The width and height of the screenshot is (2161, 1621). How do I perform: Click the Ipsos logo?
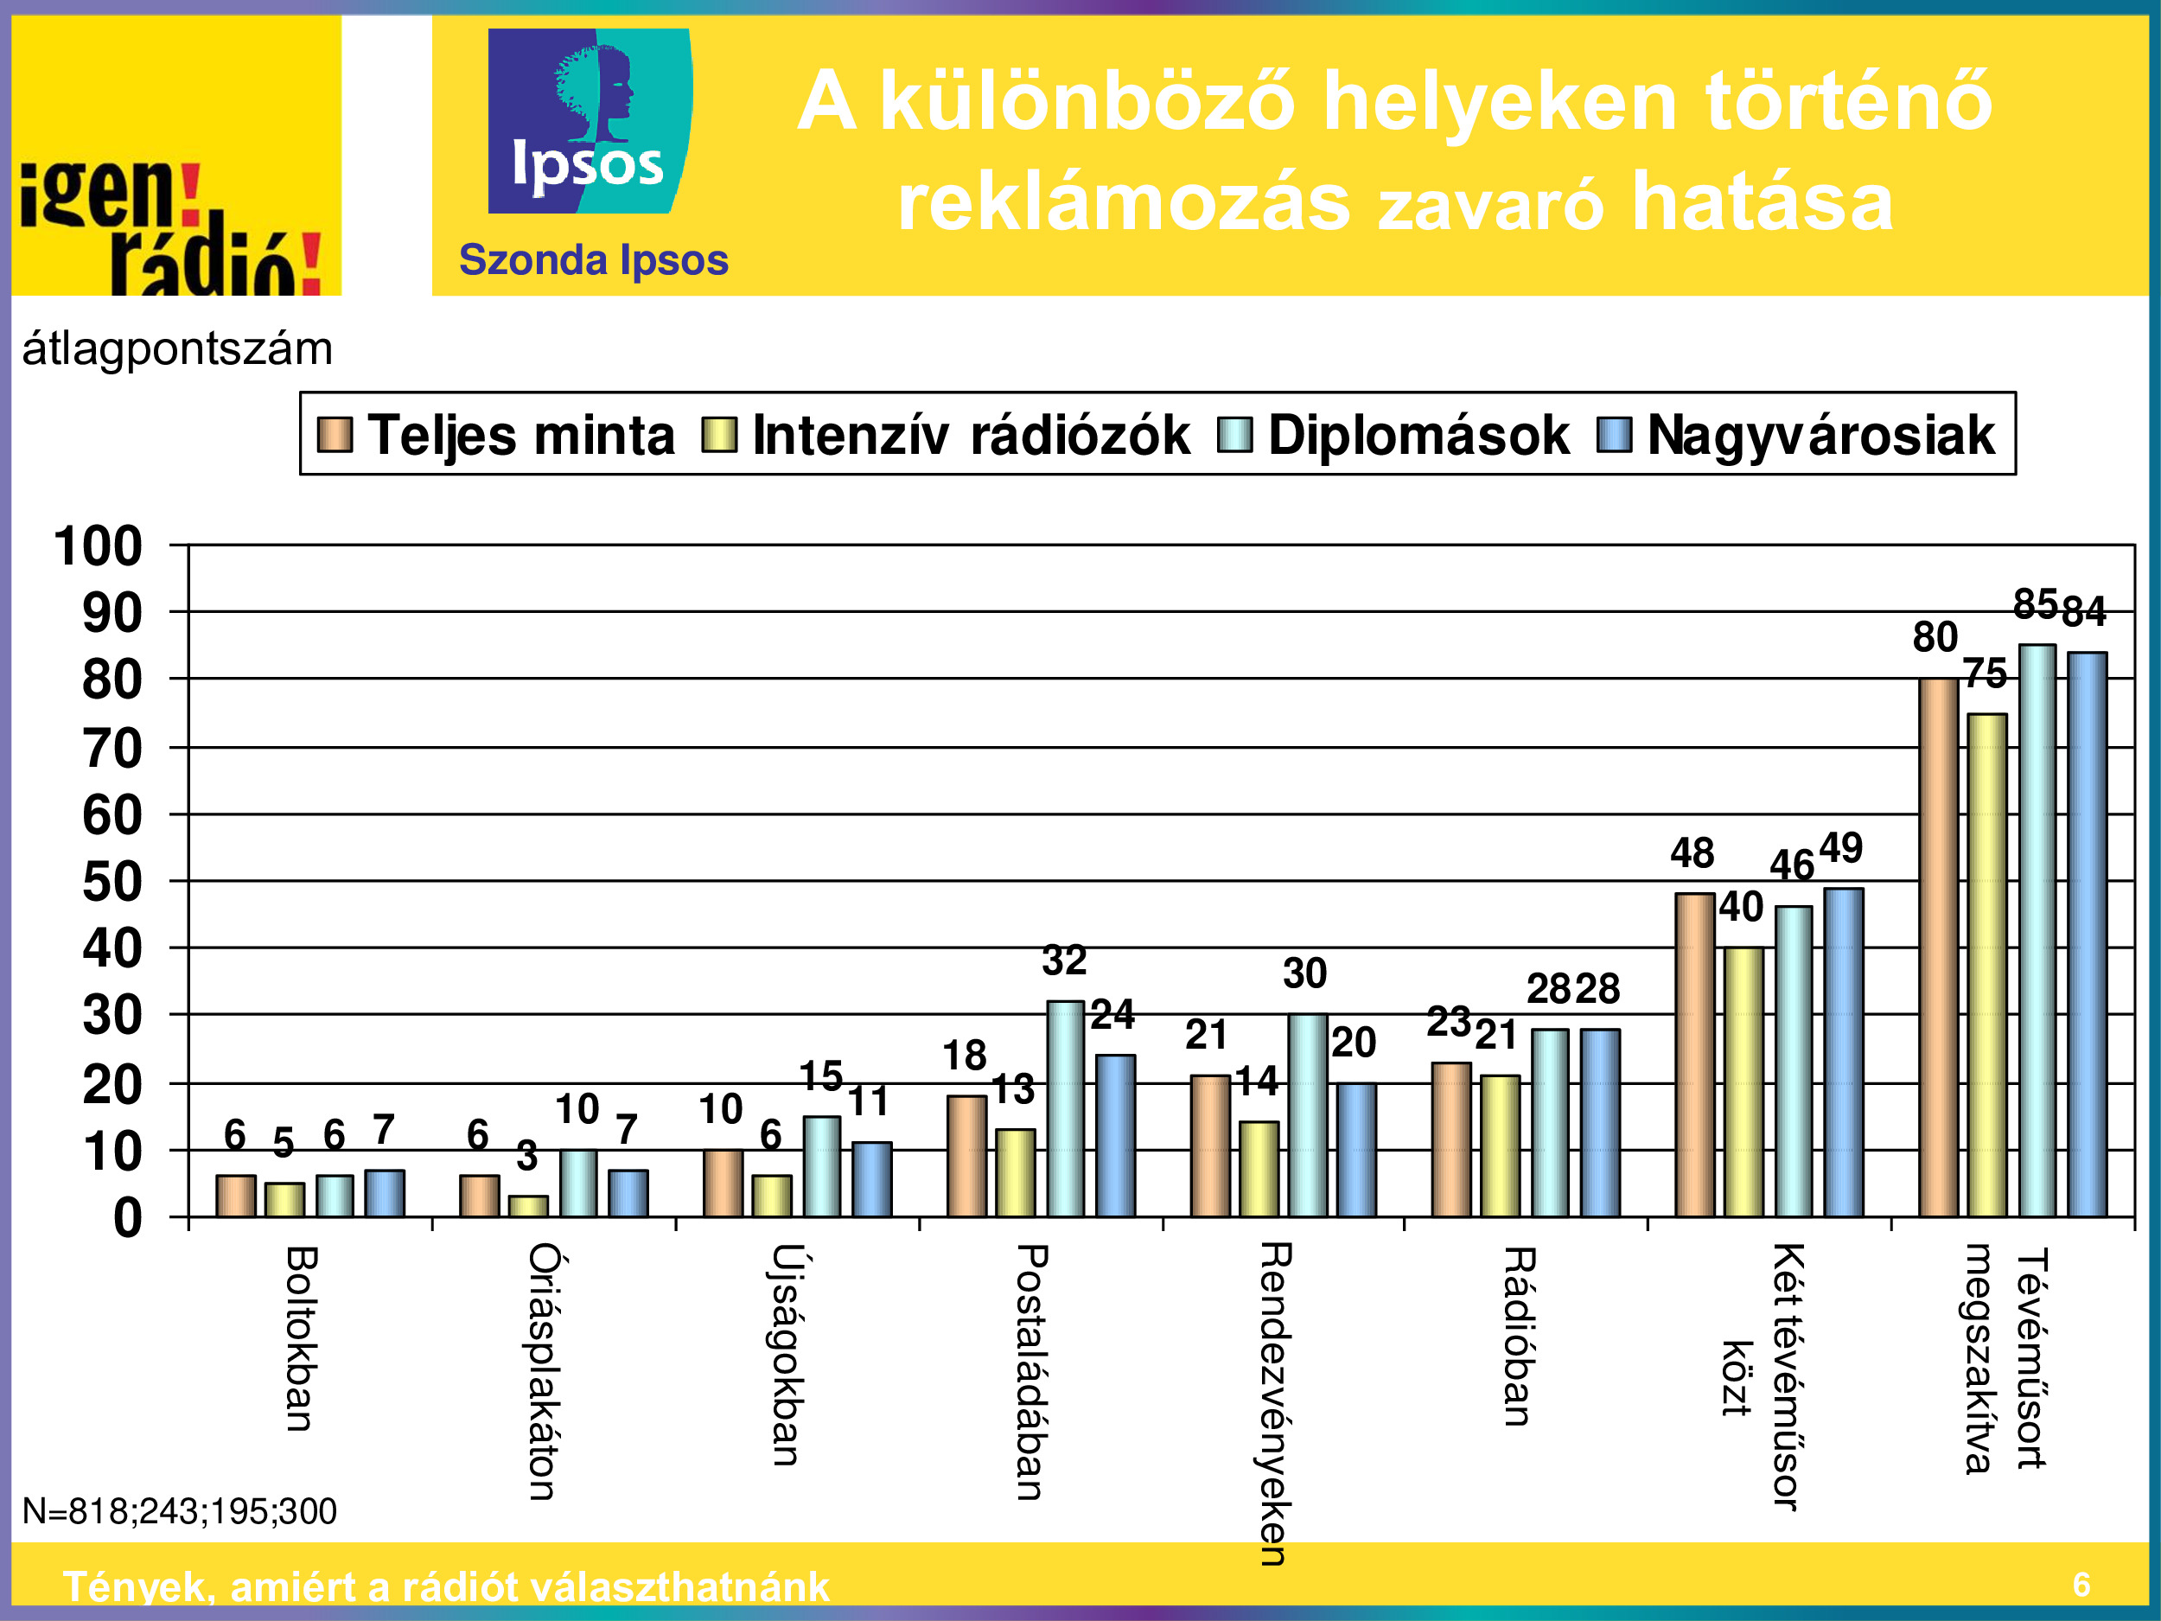coord(590,120)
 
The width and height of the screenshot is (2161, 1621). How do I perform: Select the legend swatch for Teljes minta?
coord(335,435)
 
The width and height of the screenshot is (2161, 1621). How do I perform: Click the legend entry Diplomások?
coord(1418,435)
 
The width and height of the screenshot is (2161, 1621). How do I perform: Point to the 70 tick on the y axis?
coord(112,750)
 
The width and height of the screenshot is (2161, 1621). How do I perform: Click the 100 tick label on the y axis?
coord(98,546)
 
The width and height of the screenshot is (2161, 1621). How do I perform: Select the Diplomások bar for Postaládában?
coord(1065,1109)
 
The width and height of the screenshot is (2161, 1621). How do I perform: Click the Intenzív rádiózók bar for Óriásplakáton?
coord(528,1206)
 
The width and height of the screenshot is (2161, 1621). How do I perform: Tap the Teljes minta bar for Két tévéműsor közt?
coord(1695,1056)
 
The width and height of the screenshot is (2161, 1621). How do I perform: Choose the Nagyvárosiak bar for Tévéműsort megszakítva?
coord(2087,934)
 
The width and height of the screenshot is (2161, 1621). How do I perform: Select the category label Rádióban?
coord(1517,1337)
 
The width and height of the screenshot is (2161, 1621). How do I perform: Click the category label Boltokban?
coord(300,1338)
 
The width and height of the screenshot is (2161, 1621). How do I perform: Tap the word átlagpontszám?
coord(177,348)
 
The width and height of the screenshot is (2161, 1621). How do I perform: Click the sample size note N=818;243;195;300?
coord(179,1511)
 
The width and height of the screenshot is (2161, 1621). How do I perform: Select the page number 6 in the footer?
coord(2081,1584)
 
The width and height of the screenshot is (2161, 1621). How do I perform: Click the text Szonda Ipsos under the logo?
coord(593,261)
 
